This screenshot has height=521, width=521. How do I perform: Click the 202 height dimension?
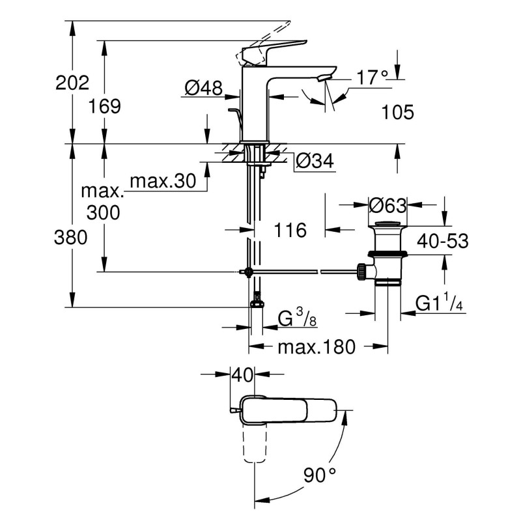click(72, 83)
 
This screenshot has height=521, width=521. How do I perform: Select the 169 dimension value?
click(105, 107)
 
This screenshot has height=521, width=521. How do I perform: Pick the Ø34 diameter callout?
click(315, 161)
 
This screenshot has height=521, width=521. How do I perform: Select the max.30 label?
click(163, 182)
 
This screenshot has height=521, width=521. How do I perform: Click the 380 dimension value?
click(72, 238)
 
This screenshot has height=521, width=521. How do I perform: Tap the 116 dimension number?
click(288, 230)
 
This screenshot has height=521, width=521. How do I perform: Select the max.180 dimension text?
click(317, 347)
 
